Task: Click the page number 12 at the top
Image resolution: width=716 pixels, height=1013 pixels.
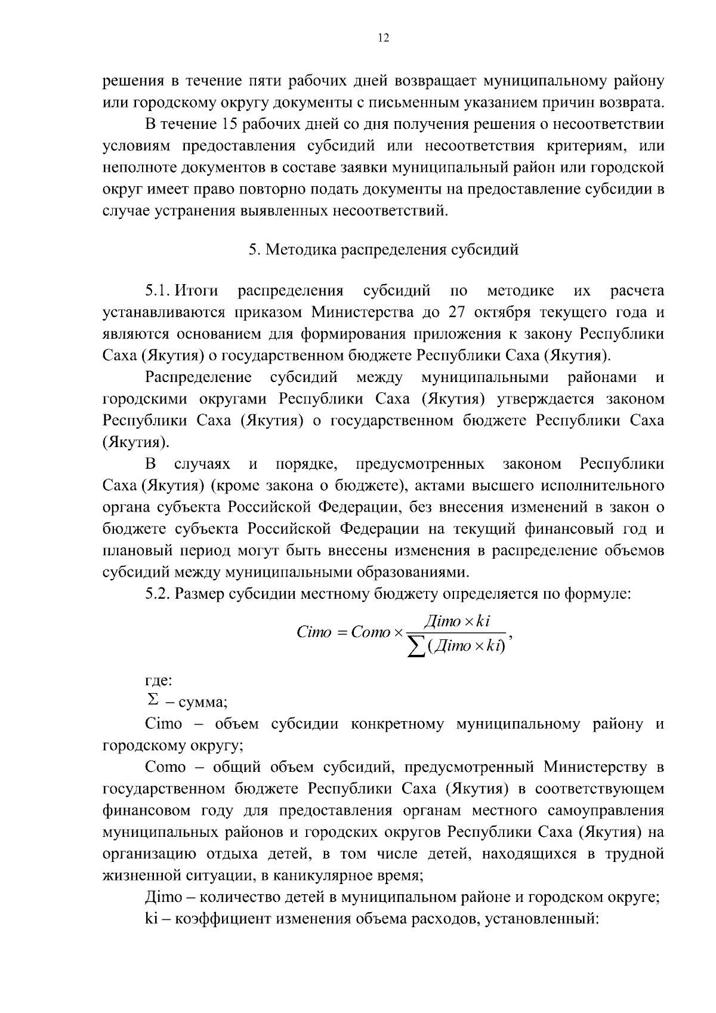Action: [383, 38]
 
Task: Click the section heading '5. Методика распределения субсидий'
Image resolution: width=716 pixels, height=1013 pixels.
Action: [383, 250]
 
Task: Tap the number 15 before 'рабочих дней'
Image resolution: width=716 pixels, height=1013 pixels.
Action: [230, 125]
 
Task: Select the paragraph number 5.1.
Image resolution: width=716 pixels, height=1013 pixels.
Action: [158, 291]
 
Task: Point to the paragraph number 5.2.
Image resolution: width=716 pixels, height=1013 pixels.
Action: [158, 594]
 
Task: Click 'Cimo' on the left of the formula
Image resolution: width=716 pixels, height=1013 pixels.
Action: [313, 632]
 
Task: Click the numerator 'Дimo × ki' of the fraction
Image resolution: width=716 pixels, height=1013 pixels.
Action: [456, 621]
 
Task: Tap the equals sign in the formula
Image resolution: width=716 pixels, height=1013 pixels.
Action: [342, 632]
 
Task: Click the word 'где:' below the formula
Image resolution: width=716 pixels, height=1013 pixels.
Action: [159, 681]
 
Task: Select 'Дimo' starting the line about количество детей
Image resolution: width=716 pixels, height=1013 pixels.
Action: [163, 897]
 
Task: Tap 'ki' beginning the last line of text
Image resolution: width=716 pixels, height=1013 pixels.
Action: [150, 919]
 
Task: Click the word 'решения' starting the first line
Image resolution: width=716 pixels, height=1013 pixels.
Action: [129, 81]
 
